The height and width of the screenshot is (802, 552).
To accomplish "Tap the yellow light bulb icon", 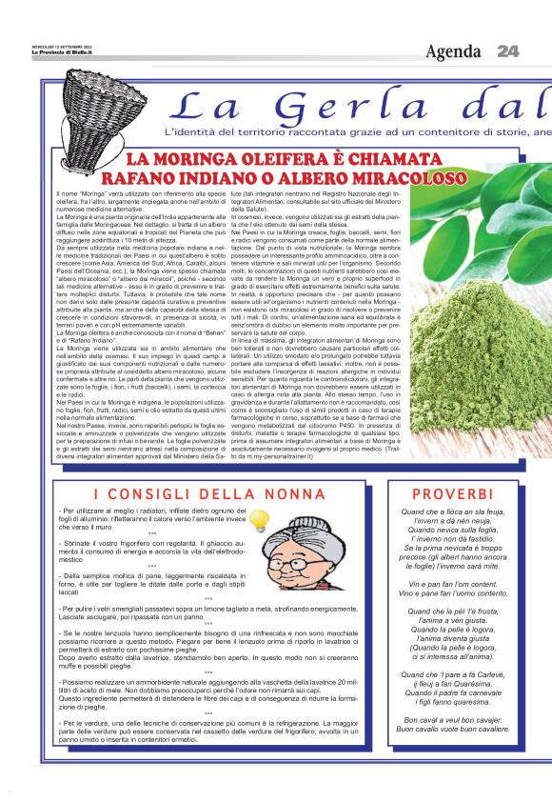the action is pyautogui.click(x=257, y=519).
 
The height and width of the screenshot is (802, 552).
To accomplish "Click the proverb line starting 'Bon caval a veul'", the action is pyautogui.click(x=452, y=719).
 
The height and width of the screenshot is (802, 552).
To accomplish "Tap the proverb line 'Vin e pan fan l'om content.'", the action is pyautogui.click(x=452, y=583).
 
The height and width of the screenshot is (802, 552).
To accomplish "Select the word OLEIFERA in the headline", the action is pyautogui.click(x=291, y=158).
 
